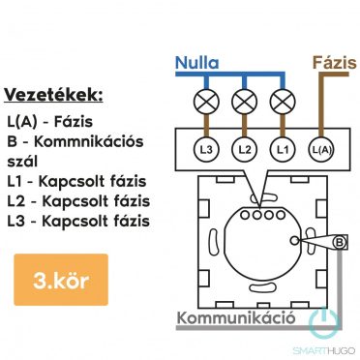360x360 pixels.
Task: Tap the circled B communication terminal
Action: [340, 240]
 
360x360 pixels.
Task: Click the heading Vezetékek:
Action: [53, 95]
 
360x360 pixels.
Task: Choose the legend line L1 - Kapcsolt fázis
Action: [77, 182]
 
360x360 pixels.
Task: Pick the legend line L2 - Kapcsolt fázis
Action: [77, 201]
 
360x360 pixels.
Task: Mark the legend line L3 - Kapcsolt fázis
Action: [77, 221]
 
